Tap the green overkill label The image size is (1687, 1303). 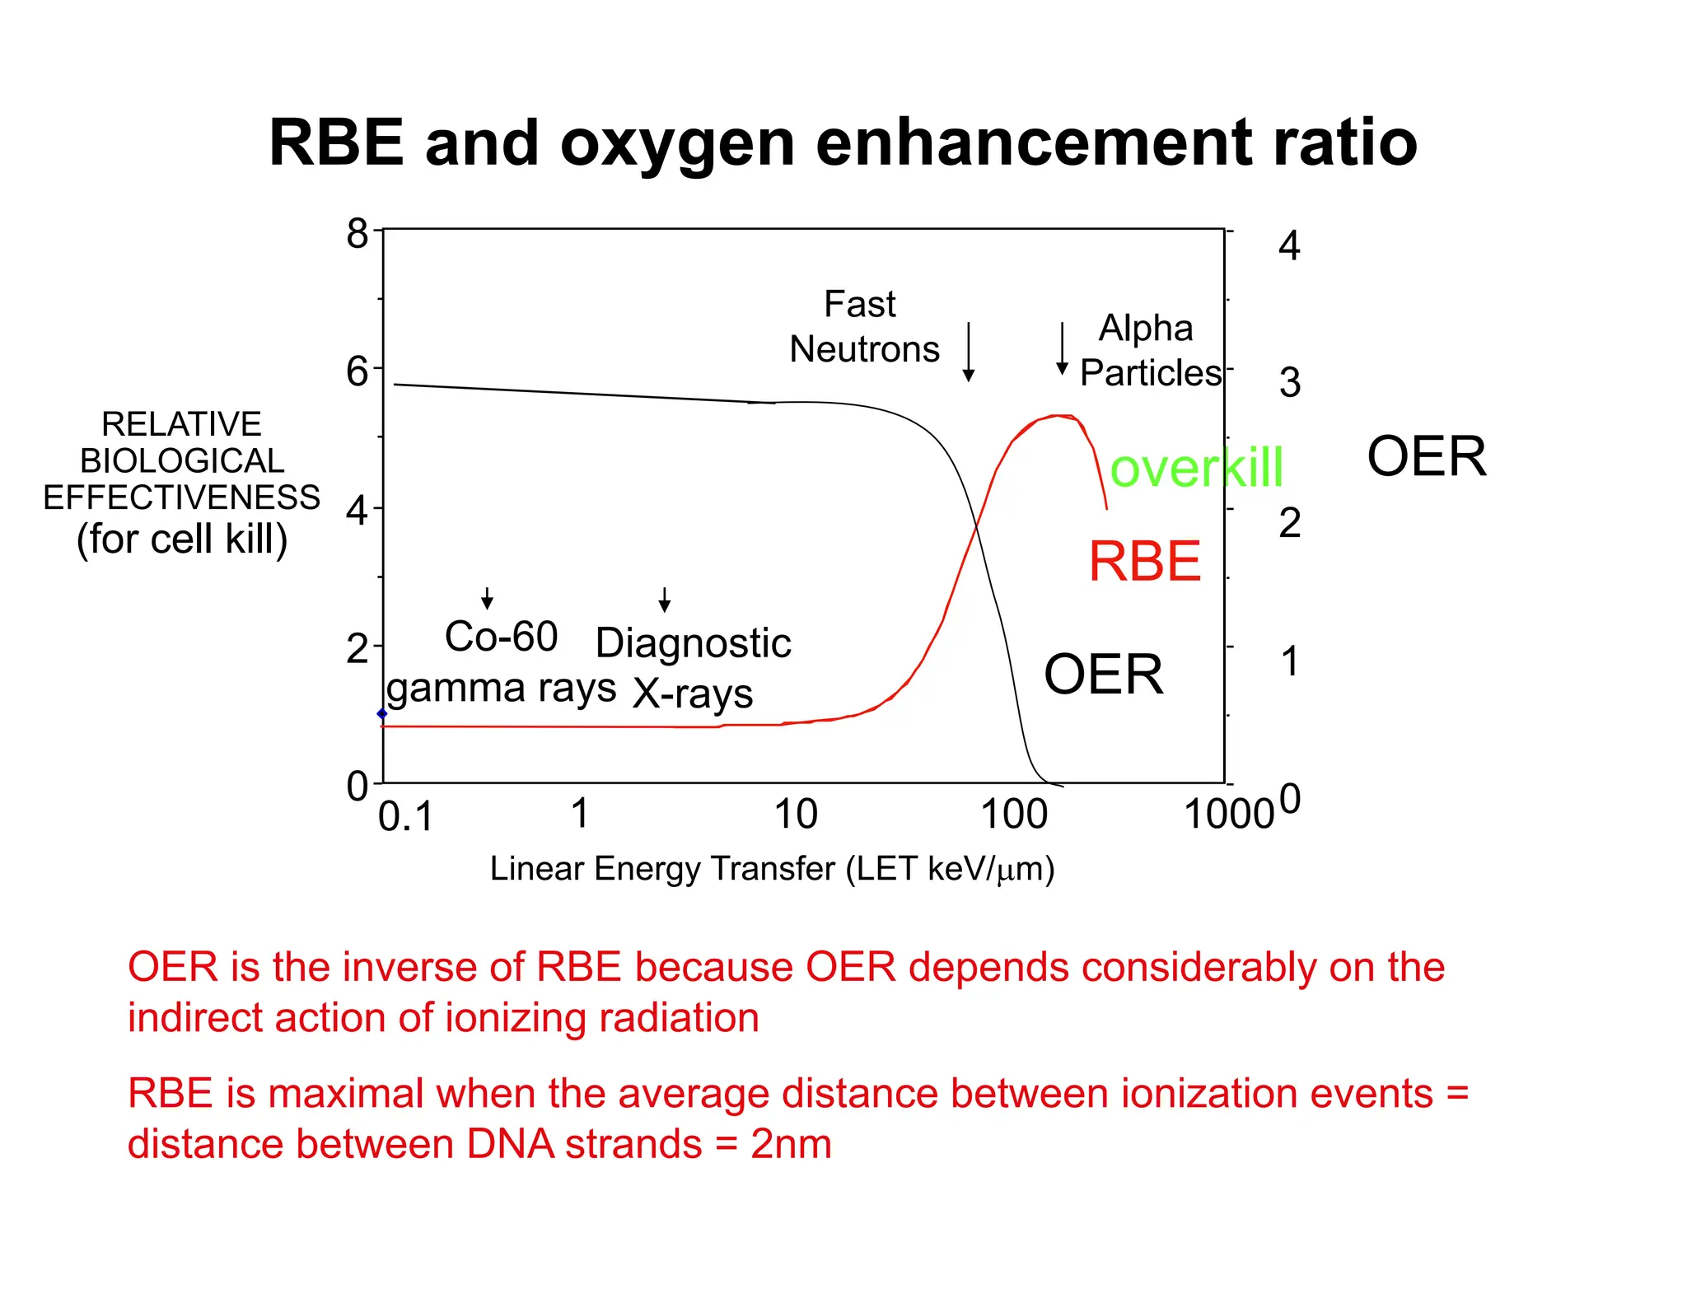[1196, 468]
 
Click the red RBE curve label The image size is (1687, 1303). [1144, 562]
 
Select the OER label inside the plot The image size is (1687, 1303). [1103, 675]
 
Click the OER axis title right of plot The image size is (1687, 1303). [1426, 457]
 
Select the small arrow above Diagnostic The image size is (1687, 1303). [664, 600]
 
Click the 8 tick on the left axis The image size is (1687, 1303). [357, 234]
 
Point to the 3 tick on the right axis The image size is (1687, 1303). [1289, 383]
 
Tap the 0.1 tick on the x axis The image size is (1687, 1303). [405, 817]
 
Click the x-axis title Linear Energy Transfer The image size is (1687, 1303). [772, 869]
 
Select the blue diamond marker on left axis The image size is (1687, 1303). [381, 714]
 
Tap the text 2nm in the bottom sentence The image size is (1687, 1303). [790, 1145]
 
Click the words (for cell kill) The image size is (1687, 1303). [182, 539]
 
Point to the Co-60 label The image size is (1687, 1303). [501, 637]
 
